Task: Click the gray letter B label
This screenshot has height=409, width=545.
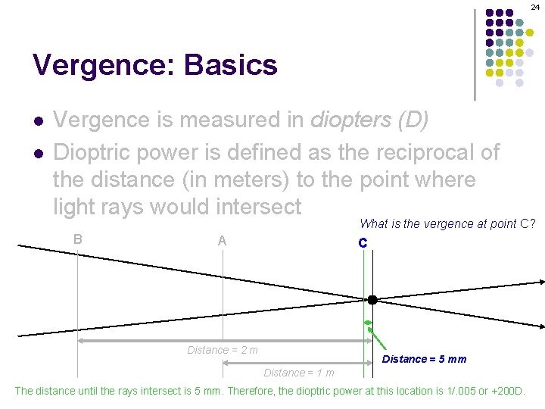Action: (x=78, y=239)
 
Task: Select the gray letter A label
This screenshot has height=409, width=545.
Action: (x=222, y=242)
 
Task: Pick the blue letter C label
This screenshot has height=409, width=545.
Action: (x=363, y=243)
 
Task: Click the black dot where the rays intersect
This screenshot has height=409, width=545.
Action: (x=372, y=300)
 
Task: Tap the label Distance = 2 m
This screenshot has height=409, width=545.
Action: (x=223, y=350)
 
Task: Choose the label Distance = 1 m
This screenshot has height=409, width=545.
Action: (x=298, y=373)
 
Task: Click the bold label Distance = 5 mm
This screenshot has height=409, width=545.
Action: (x=424, y=359)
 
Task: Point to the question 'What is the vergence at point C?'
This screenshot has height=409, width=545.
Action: (x=448, y=223)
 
